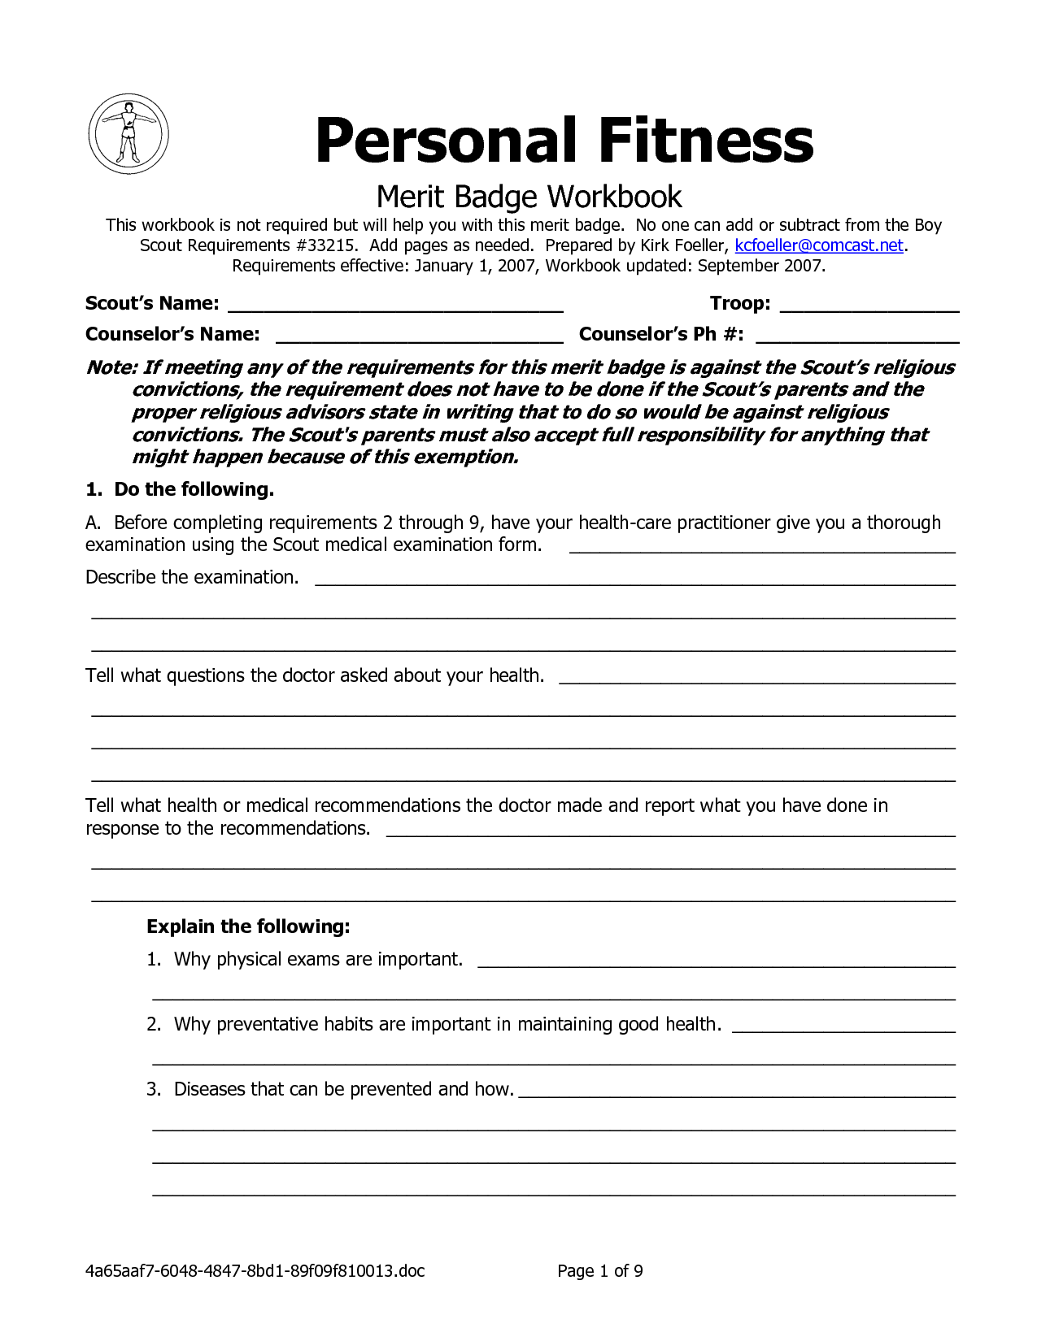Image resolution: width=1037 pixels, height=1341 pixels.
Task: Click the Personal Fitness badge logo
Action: [x=128, y=133]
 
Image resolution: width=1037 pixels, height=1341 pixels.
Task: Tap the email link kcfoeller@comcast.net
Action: [x=819, y=245]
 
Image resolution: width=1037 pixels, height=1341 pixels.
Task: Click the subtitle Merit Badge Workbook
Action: [x=529, y=197]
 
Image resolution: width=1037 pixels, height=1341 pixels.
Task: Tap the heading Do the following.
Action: [x=194, y=489]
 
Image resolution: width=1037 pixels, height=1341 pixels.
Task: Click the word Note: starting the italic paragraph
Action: [x=111, y=367]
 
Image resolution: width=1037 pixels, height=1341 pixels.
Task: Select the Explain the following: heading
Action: [x=248, y=927]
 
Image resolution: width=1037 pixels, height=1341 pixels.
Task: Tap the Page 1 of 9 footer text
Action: [x=600, y=1271]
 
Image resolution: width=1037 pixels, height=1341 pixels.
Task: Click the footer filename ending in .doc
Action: [x=255, y=1271]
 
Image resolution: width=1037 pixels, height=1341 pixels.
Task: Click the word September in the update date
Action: [x=739, y=266]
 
